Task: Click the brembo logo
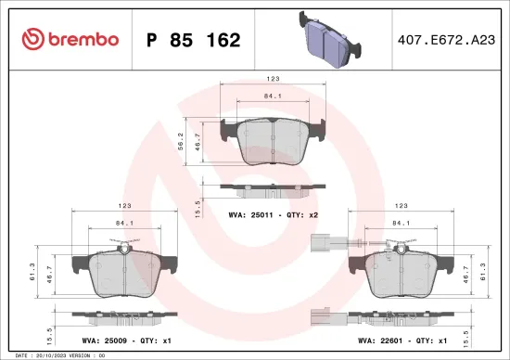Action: pyautogui.click(x=70, y=39)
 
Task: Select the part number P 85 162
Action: pyautogui.click(x=194, y=40)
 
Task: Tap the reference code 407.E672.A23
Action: pyautogui.click(x=444, y=40)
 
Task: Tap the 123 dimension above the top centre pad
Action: pyautogui.click(x=274, y=80)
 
